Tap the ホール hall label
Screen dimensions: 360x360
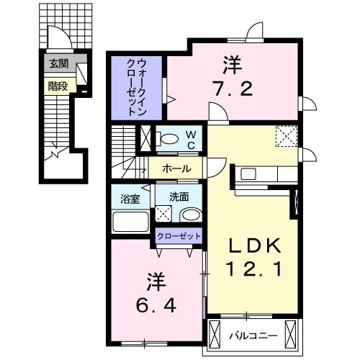[177, 168]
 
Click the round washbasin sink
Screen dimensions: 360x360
[191, 215]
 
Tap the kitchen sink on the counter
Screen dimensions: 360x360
[248, 173]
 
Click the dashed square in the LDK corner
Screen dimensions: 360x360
[287, 135]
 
